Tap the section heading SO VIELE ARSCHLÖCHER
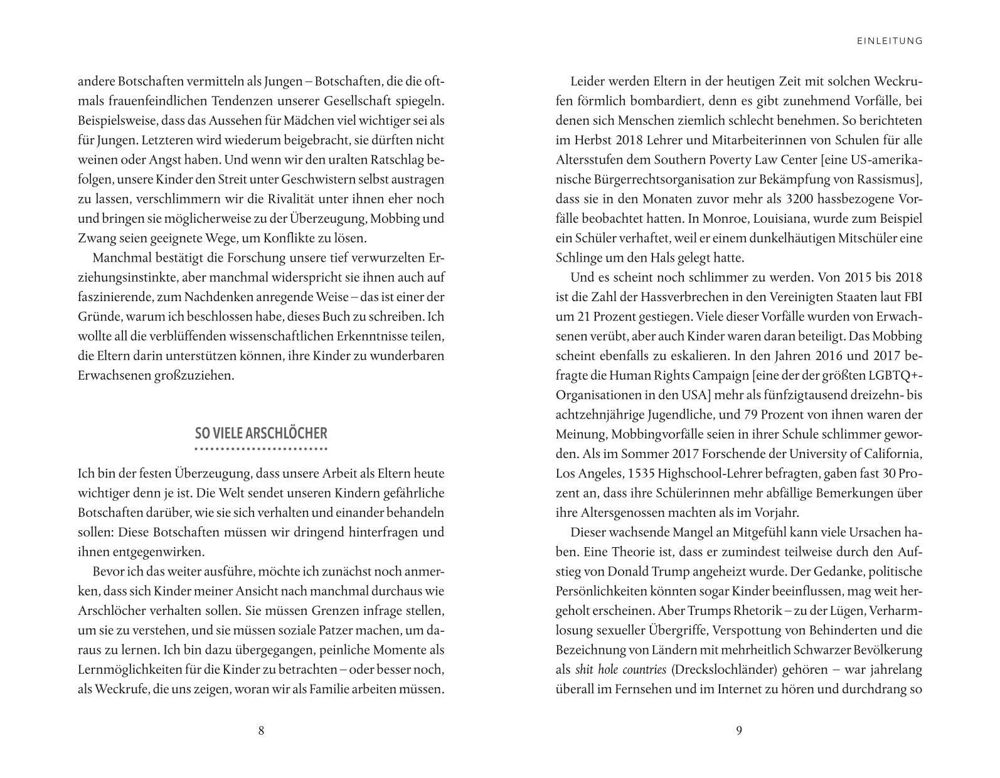(261, 434)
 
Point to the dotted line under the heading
(261, 449)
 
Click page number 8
(261, 730)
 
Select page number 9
(738, 730)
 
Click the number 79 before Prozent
(738, 415)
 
